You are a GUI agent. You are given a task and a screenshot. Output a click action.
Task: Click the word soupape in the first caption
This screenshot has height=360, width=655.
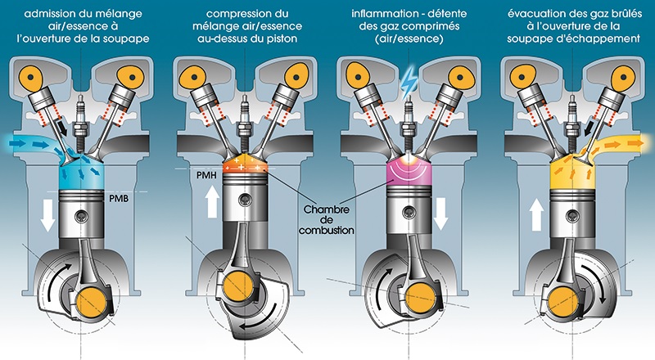pos(114,38)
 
